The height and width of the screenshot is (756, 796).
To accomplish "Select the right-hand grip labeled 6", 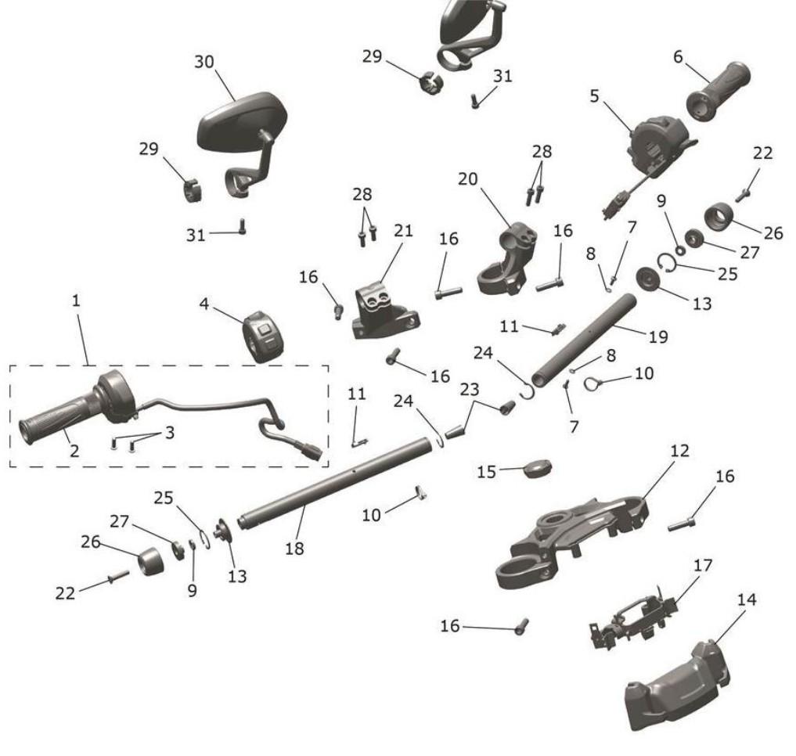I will (719, 88).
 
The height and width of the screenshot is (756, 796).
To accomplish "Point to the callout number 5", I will (595, 96).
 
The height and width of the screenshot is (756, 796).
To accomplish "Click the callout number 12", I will (679, 452).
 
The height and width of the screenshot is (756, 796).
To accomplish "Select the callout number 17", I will (704, 565).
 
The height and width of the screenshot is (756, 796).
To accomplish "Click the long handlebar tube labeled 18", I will (337, 485).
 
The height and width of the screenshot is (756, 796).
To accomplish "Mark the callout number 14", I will (747, 600).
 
